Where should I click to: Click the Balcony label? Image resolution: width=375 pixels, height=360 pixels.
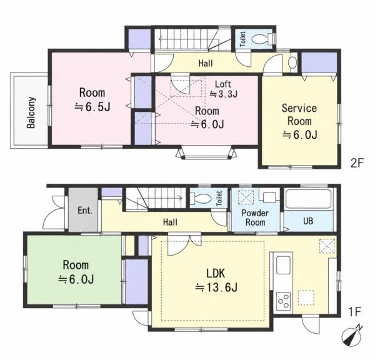(31, 112)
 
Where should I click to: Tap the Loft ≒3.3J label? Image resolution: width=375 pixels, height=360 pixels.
(223, 89)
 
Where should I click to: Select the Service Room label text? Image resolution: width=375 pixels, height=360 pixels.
(299, 114)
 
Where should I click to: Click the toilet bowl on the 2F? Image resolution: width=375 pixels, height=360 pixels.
(260, 39)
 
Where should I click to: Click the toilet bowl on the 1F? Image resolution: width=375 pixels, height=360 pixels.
(202, 198)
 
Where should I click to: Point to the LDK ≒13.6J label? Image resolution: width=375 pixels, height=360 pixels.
(216, 280)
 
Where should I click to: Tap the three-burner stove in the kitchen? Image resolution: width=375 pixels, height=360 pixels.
(283, 301)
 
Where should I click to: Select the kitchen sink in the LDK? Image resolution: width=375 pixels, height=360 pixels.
(283, 265)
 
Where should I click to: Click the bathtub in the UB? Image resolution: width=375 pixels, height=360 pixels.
(309, 199)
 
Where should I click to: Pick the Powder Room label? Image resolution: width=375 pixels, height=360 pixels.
(255, 217)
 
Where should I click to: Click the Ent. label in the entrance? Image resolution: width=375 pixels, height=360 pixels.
(85, 211)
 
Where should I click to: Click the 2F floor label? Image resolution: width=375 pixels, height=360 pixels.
(357, 163)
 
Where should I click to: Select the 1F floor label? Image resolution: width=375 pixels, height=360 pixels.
(354, 312)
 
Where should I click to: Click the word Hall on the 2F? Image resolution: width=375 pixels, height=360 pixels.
(206, 63)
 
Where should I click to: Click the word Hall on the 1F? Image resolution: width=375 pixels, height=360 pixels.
(170, 222)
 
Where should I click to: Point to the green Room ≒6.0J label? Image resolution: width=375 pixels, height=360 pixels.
(76, 272)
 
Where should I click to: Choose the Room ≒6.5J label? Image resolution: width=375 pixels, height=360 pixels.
(92, 100)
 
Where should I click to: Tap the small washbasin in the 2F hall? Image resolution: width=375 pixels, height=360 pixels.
(292, 63)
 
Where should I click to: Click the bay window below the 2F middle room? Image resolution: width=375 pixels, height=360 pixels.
(206, 153)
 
